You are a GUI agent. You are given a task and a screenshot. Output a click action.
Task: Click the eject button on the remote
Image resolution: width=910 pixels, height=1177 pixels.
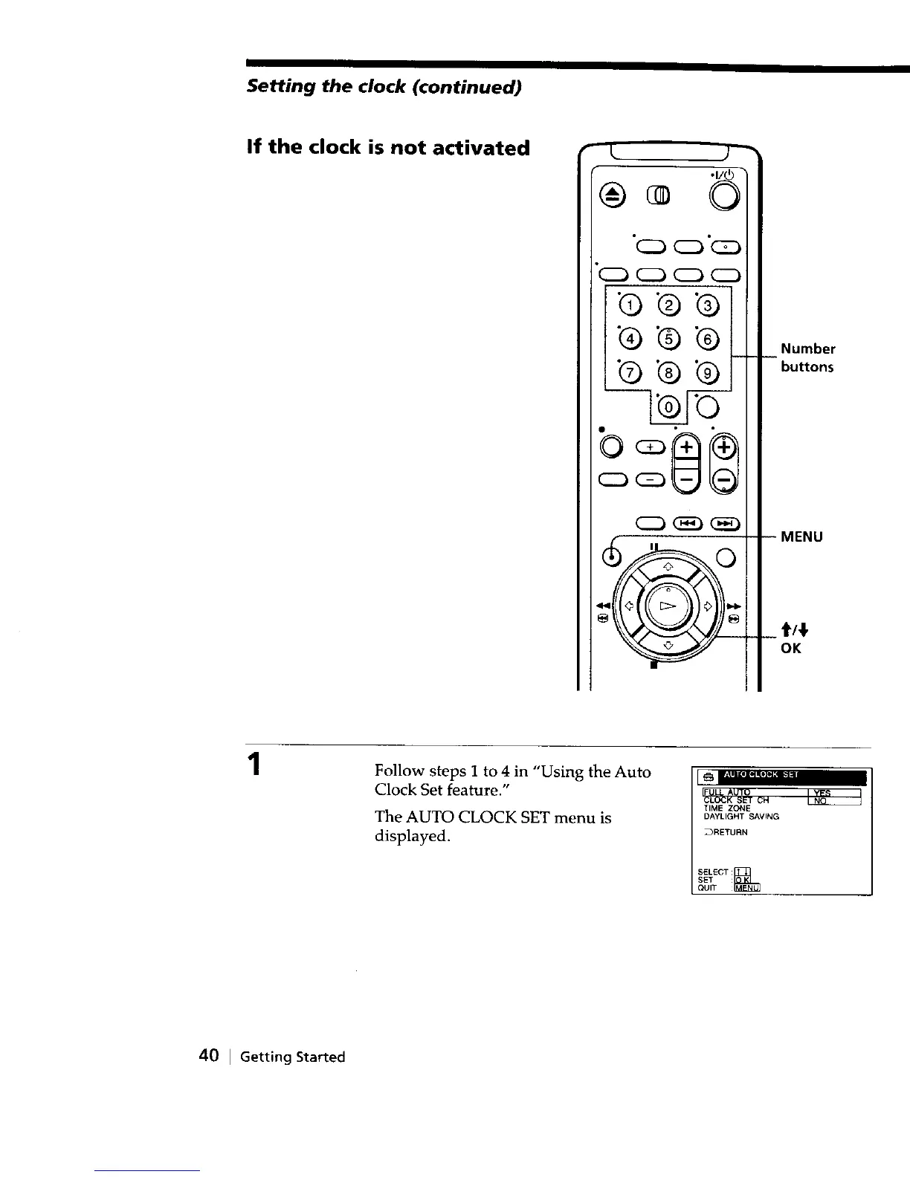pyautogui.click(x=613, y=195)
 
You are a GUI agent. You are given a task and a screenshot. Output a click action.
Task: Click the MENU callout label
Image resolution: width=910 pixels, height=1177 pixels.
pyautogui.click(x=801, y=536)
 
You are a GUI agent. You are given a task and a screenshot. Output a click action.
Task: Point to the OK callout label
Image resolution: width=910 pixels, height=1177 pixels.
pyautogui.click(x=790, y=649)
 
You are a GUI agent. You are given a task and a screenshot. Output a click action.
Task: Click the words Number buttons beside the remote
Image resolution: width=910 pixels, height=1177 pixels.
pyautogui.click(x=807, y=357)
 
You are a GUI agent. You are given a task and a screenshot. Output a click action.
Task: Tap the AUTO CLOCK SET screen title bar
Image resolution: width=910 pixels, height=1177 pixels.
pyautogui.click(x=781, y=777)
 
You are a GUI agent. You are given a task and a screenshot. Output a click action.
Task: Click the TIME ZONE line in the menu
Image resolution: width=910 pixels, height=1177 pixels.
pyautogui.click(x=727, y=808)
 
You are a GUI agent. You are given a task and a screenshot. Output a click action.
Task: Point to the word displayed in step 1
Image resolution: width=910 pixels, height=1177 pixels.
pyautogui.click(x=412, y=837)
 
